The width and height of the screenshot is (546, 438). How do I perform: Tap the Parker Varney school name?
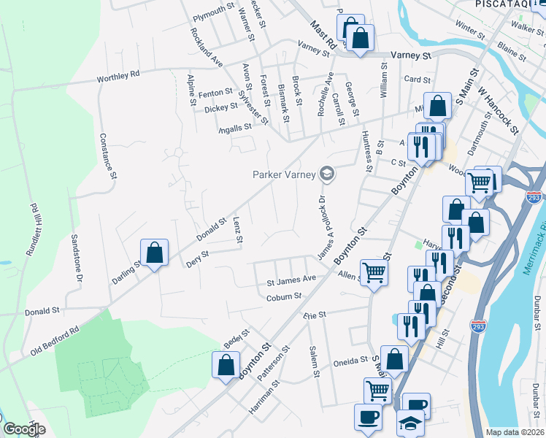[284, 174]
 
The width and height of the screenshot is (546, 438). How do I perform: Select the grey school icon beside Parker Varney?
[326, 173]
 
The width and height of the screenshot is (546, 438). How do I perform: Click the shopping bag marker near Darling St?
[155, 253]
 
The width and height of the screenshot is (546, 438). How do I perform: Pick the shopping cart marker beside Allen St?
[374, 273]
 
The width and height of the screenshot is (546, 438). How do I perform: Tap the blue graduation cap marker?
[409, 425]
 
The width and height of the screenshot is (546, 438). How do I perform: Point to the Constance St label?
[108, 155]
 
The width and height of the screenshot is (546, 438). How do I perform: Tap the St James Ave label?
[291, 279]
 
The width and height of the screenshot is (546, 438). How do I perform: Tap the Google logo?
[24, 429]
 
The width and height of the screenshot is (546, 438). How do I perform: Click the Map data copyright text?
[514, 432]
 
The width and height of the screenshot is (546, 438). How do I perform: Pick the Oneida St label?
[350, 360]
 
